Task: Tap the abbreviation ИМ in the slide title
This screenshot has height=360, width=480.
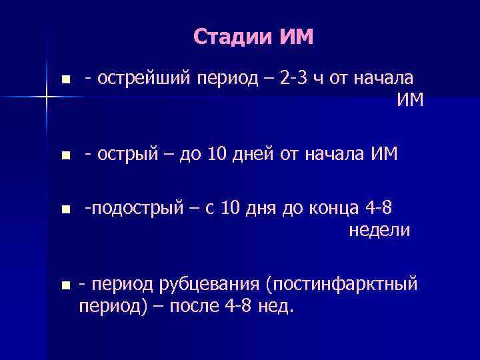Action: tap(292, 37)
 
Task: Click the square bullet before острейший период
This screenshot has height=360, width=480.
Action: tap(64, 80)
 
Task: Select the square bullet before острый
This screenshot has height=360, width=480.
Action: tap(64, 156)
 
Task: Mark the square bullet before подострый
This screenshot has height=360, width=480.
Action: tap(64, 211)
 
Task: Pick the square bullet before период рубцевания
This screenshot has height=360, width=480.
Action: tap(64, 286)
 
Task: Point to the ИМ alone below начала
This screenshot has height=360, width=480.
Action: tap(409, 101)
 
